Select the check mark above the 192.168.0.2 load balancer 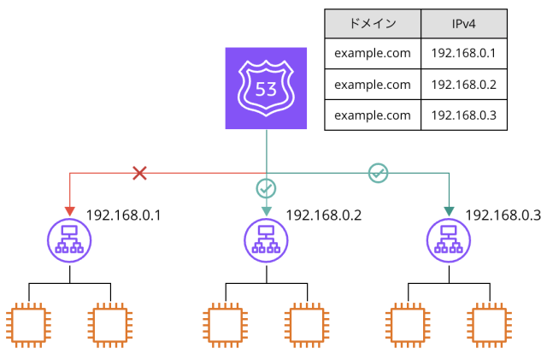coord(266,186)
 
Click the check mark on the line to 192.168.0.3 coord(378,174)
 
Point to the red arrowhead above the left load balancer coord(68,211)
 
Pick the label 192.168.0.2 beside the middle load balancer coord(323,215)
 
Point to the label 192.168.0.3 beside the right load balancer coord(503,215)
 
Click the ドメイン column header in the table coord(373,23)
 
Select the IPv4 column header coord(464,23)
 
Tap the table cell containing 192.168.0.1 coord(464,53)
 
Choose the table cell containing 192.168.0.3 coord(464,115)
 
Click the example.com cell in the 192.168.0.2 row coord(373,84)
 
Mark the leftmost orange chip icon coord(28,326)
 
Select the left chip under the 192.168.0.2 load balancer coord(226,326)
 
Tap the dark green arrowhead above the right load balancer coord(448,211)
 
